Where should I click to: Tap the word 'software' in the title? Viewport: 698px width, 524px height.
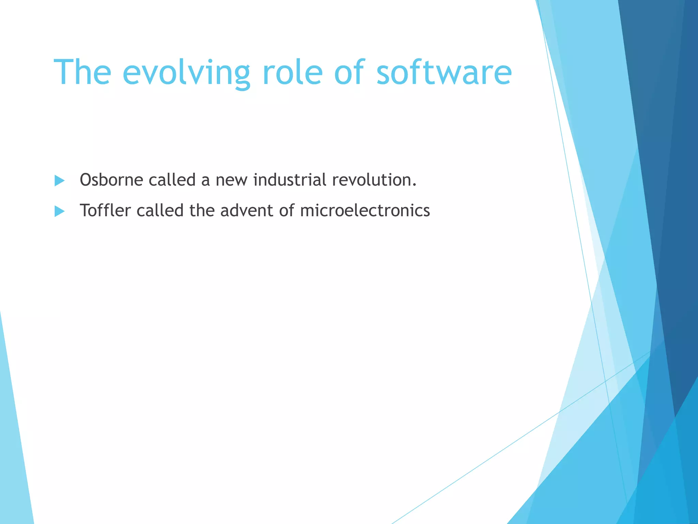444,72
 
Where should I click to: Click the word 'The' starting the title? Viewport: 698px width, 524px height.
82,72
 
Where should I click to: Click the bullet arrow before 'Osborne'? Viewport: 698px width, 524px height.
59,180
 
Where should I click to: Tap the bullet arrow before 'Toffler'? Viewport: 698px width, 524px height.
59,211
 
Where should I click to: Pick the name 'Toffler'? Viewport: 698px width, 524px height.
105,210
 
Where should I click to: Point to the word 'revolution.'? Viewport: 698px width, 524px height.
374,180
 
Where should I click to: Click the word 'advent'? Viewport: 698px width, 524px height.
247,210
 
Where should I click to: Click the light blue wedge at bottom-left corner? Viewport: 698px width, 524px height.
14,461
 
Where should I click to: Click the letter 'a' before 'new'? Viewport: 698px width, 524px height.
205,181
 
